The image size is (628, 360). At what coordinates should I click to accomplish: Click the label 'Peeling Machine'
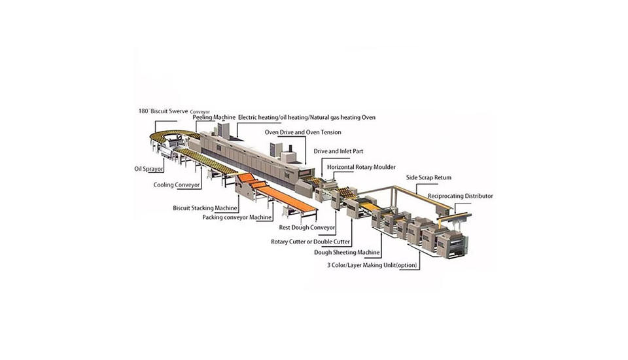pos(214,117)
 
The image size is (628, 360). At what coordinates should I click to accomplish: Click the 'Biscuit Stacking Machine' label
pos(205,207)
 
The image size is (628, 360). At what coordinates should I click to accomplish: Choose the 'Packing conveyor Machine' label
pos(236,217)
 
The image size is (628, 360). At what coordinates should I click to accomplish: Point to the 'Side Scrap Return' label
pos(428,177)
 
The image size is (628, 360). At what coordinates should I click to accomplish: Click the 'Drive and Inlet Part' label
pos(338,151)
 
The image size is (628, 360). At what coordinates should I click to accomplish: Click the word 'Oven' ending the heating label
pos(366,117)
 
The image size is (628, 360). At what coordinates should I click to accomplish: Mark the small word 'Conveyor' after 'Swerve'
pos(200,112)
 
